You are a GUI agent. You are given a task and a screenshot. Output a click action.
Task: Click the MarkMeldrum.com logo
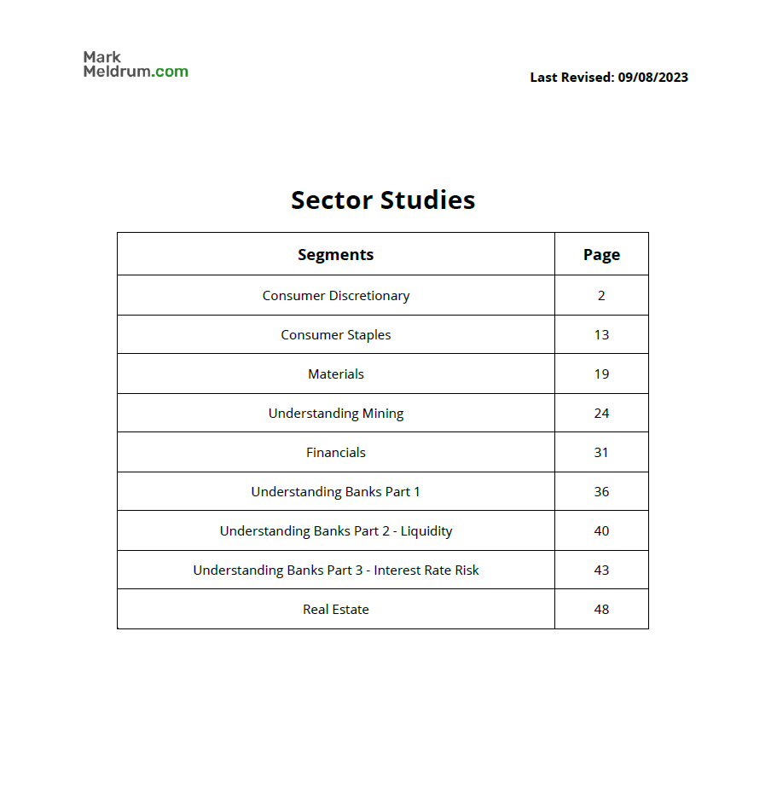(136, 64)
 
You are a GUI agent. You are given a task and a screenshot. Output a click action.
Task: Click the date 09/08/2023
(652, 78)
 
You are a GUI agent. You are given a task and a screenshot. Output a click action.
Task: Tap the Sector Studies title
(383, 200)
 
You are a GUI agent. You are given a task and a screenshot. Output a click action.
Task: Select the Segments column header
(335, 254)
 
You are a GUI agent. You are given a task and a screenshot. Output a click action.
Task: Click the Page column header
(601, 254)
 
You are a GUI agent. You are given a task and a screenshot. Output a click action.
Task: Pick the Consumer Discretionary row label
(335, 296)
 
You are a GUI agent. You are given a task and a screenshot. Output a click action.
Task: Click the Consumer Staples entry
(335, 335)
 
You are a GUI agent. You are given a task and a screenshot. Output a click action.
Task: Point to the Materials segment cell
(335, 374)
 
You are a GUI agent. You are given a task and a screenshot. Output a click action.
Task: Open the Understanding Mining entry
(335, 414)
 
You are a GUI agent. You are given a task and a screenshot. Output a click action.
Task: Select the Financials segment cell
(335, 453)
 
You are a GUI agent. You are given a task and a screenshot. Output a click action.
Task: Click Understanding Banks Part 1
(335, 492)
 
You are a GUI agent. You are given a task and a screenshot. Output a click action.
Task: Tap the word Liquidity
(426, 531)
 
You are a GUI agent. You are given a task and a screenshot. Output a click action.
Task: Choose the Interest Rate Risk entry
(426, 570)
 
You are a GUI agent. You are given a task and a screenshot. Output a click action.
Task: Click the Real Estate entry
(335, 610)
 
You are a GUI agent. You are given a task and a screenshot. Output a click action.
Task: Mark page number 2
(601, 296)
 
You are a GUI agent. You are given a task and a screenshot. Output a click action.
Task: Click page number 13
(601, 335)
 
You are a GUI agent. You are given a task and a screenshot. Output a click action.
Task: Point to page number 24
(601, 414)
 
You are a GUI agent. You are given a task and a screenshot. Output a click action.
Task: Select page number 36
(601, 492)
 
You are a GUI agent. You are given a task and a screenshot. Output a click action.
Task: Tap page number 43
(601, 570)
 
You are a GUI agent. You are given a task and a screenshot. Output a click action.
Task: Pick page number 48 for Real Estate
(601, 610)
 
